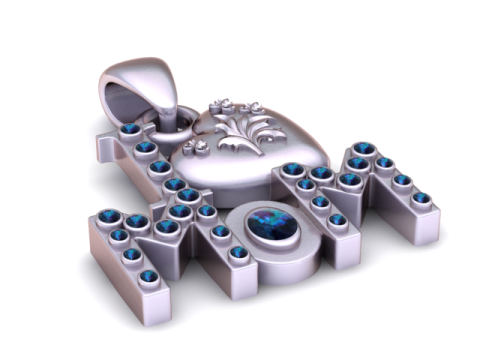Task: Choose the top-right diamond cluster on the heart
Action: pos(259,107)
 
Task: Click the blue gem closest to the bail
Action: pos(130,129)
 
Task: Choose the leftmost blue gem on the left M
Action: pos(107,215)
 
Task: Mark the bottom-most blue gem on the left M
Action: pos(151,276)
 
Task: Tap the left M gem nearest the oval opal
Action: pos(238,253)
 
